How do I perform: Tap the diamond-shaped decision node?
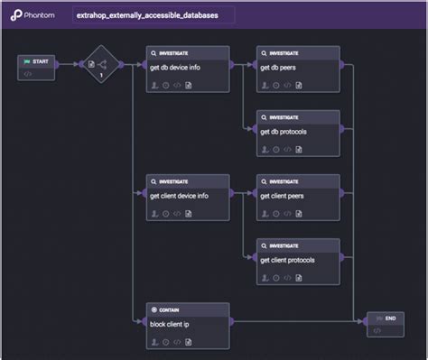(101, 65)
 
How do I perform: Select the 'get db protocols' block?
(297, 133)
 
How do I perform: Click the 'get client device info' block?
(187, 197)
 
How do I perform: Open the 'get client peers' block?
(297, 197)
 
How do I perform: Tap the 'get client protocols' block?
(297, 261)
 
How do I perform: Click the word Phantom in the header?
(41, 15)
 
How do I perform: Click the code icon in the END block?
(377, 331)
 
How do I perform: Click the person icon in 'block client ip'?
(154, 342)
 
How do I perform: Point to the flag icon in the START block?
(26, 60)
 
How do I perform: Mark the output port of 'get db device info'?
(232, 65)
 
